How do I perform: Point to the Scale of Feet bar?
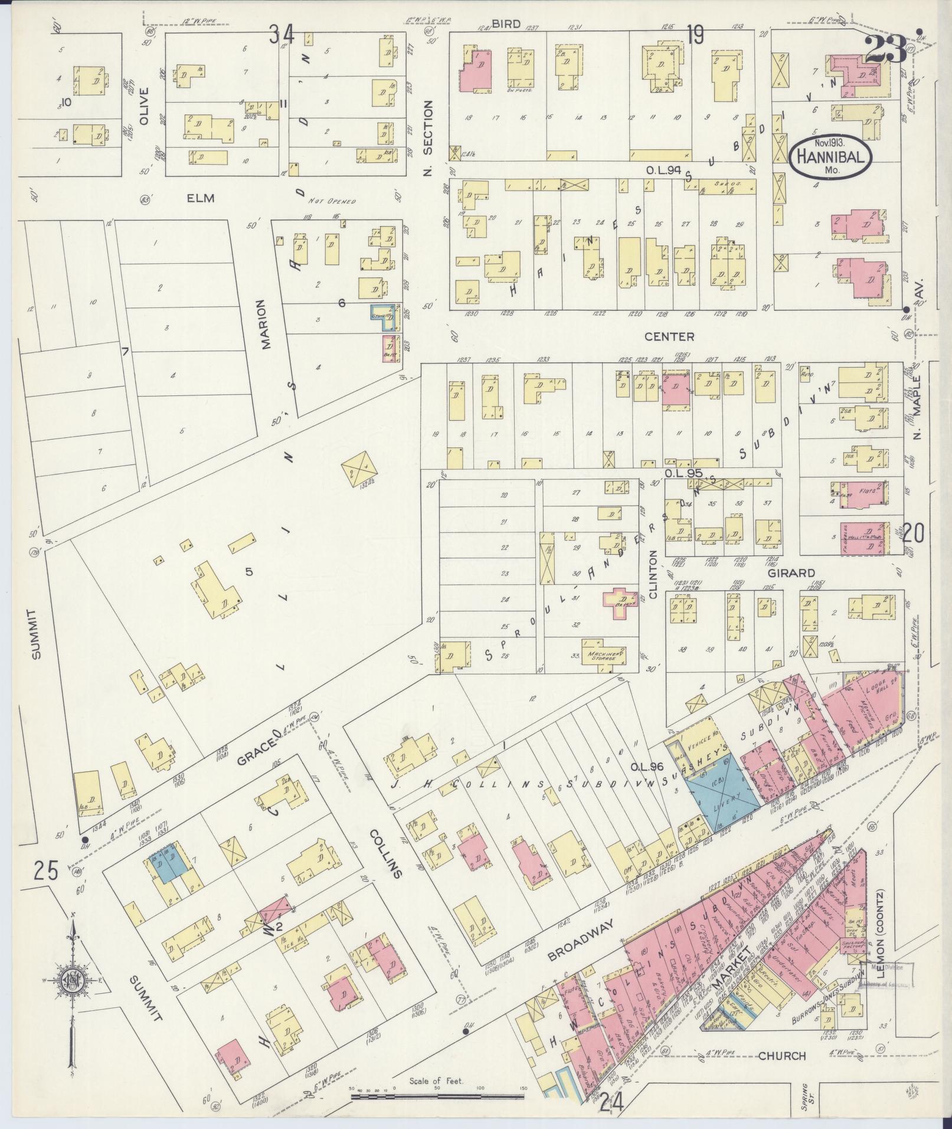437,1097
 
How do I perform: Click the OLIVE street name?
144,106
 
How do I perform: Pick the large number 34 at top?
282,34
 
